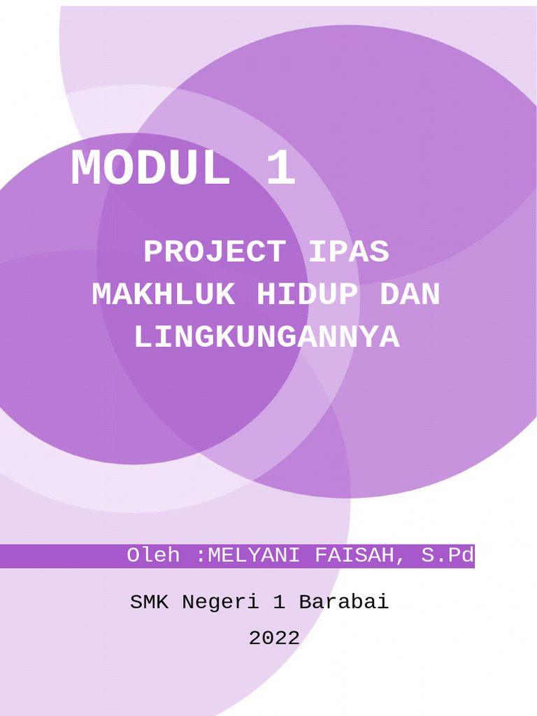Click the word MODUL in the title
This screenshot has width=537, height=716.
pyautogui.click(x=150, y=170)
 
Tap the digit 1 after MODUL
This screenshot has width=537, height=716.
pyautogui.click(x=281, y=170)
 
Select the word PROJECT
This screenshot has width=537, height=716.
pyautogui.click(x=215, y=252)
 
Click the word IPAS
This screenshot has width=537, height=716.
pyautogui.click(x=348, y=252)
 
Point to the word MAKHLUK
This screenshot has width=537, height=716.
pyautogui.click(x=164, y=295)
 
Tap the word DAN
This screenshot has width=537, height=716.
pyautogui.click(x=410, y=295)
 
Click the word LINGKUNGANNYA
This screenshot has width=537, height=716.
pyautogui.click(x=266, y=338)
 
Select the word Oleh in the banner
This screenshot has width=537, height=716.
pyautogui.click(x=153, y=556)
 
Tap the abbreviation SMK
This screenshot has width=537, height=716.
pyautogui.click(x=150, y=602)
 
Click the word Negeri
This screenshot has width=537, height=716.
pyautogui.click(x=221, y=602)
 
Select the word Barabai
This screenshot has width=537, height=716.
pyautogui.click(x=344, y=602)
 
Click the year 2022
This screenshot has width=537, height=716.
pyautogui.click(x=274, y=638)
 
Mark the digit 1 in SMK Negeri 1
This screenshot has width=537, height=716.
pyautogui.click(x=279, y=602)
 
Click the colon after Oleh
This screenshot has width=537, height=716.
pyautogui.click(x=201, y=557)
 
